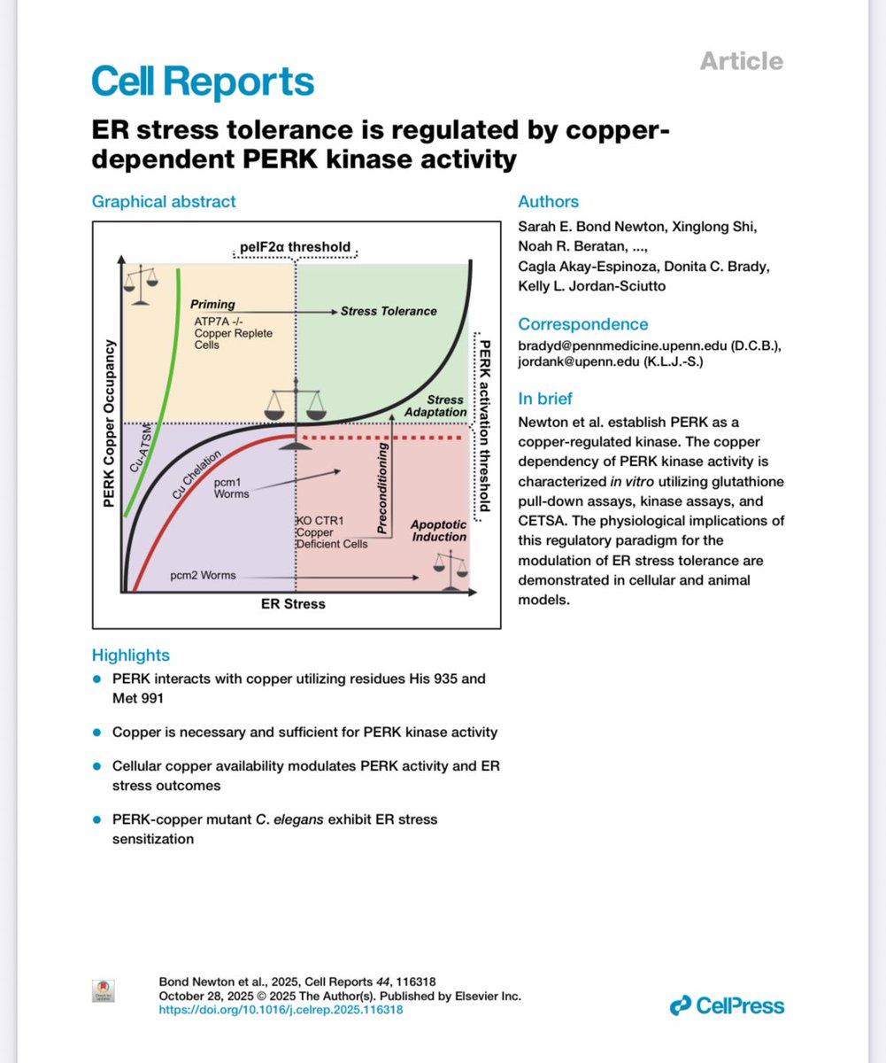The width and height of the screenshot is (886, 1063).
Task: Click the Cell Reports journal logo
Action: (x=203, y=81)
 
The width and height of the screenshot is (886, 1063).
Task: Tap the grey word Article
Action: (x=741, y=61)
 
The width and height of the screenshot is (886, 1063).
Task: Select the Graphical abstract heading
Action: (x=164, y=201)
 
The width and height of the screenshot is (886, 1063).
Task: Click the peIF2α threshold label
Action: (x=295, y=245)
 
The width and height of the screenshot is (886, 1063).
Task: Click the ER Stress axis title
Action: (x=294, y=604)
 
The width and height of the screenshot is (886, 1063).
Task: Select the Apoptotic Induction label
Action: (x=438, y=531)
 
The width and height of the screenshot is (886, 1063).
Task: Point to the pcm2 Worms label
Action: (x=204, y=575)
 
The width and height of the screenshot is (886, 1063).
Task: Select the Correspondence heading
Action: (x=582, y=323)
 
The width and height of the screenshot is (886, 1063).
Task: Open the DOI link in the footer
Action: (x=281, y=1009)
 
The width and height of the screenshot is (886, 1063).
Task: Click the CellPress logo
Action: (x=727, y=1005)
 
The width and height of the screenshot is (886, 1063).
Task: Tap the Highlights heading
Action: (x=131, y=656)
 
